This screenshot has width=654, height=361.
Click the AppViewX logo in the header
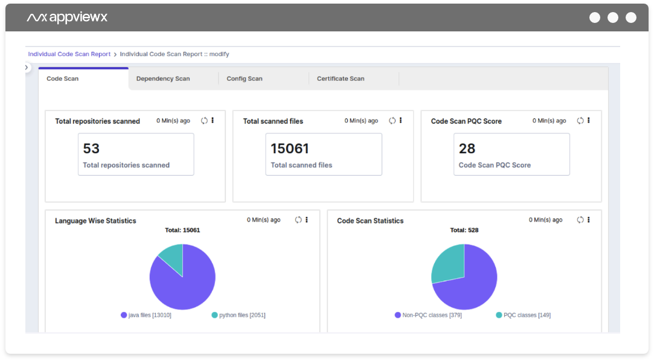tap(67, 18)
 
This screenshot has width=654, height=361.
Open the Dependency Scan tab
tap(163, 78)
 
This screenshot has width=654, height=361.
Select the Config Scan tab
tap(245, 78)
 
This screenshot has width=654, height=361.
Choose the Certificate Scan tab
tap(341, 78)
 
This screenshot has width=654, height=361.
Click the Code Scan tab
tap(63, 78)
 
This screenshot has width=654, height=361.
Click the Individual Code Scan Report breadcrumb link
tap(69, 54)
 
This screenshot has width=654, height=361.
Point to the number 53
tap(91, 149)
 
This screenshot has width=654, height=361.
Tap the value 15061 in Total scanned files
tap(290, 149)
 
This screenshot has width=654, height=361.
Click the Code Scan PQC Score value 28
tap(467, 149)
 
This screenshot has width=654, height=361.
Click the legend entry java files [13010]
tap(146, 315)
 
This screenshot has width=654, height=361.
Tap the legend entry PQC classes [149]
tap(523, 315)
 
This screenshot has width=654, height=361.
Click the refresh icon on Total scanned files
tap(393, 121)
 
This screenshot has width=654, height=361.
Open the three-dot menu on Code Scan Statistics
tap(589, 220)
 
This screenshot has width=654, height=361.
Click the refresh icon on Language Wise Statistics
tap(298, 220)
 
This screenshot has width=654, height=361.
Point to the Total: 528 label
tap(464, 230)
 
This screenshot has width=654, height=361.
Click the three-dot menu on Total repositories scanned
tap(213, 121)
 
